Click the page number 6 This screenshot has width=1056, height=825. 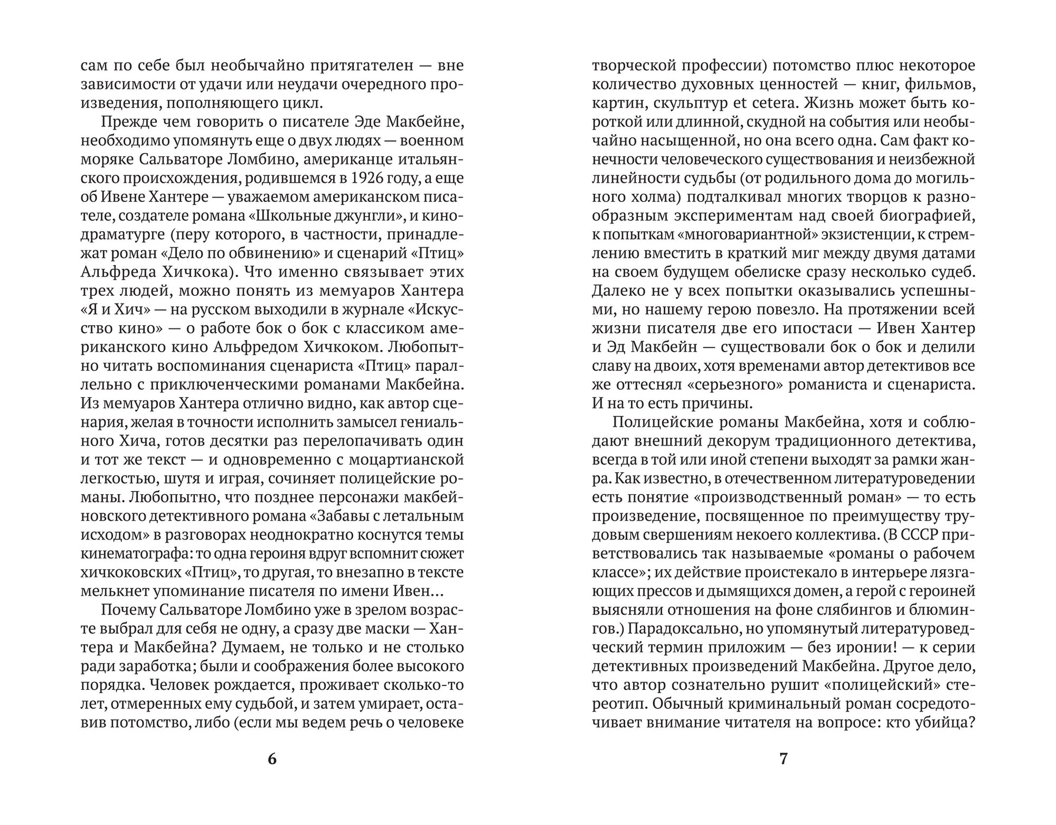click(x=272, y=759)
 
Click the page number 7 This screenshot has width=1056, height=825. click(x=783, y=759)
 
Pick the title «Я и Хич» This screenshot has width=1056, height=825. click(x=114, y=309)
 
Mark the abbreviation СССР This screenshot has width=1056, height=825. click(x=918, y=535)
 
